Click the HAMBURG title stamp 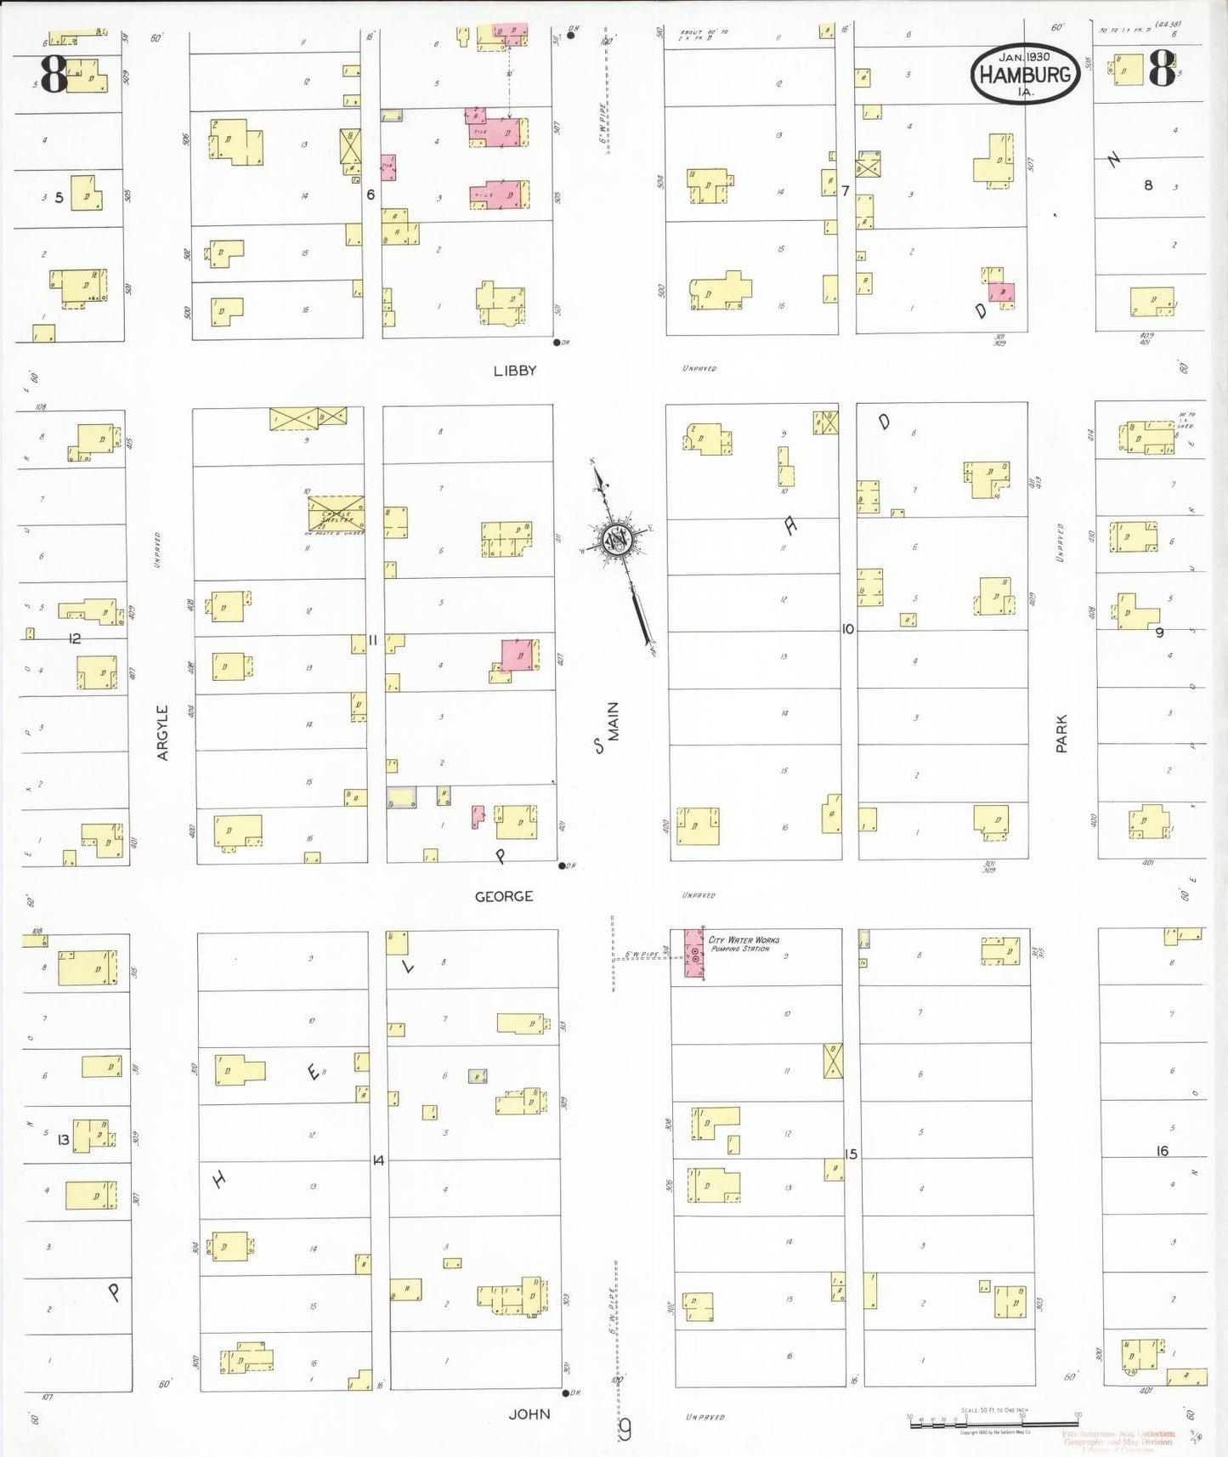point(1025,74)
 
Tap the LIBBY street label point(515,371)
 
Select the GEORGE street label point(504,896)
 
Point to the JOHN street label point(529,1414)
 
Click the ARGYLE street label point(162,732)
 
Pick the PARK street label point(1061,734)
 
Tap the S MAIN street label point(608,728)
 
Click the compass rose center point(614,539)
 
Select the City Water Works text point(744,940)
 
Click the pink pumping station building point(694,955)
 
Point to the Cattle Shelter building point(337,515)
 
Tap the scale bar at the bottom point(994,1422)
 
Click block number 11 point(373,640)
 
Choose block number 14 point(378,1159)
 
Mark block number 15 point(851,1154)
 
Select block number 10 point(847,629)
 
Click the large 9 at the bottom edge point(625,1431)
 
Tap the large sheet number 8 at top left point(53,75)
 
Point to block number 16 point(1162,1151)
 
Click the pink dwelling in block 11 point(518,655)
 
